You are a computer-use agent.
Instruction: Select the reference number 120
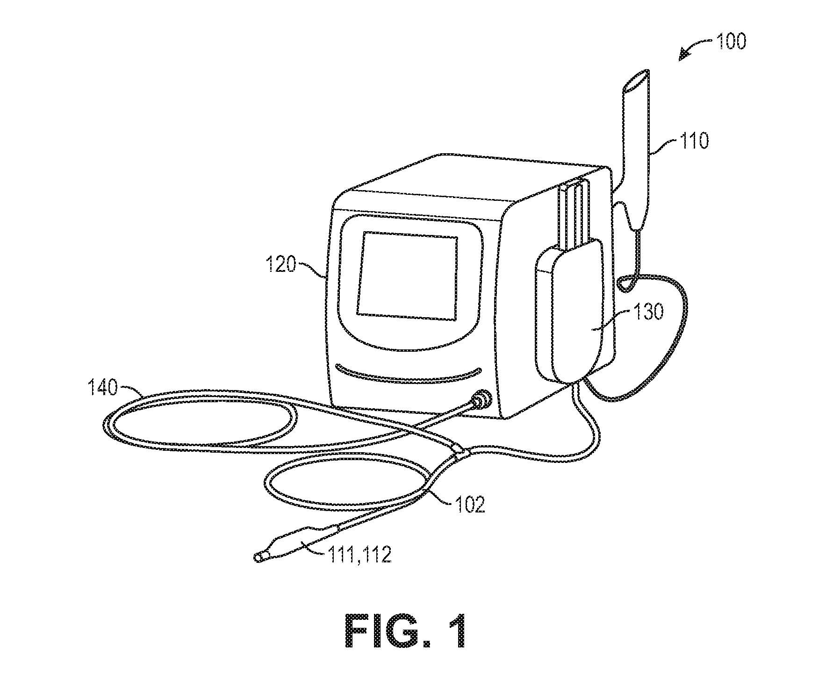(x=280, y=265)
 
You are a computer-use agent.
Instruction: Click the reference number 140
(x=103, y=388)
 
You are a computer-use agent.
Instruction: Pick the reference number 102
(x=469, y=504)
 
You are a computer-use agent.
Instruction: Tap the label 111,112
(x=363, y=555)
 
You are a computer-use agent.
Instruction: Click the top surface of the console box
(x=472, y=180)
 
